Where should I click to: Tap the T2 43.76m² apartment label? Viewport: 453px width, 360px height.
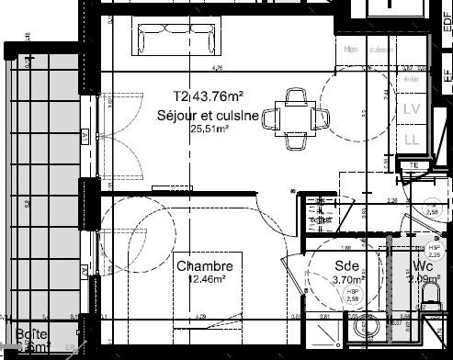(x=208, y=96)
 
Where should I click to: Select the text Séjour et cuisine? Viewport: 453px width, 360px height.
(x=210, y=114)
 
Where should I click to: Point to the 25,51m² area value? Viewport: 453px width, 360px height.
(x=209, y=129)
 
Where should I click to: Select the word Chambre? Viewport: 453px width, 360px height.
(x=205, y=266)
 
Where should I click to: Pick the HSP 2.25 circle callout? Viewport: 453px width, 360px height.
(x=435, y=252)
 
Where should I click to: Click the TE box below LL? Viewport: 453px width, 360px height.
(x=413, y=165)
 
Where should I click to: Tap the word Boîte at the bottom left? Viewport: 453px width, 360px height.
(x=32, y=335)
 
